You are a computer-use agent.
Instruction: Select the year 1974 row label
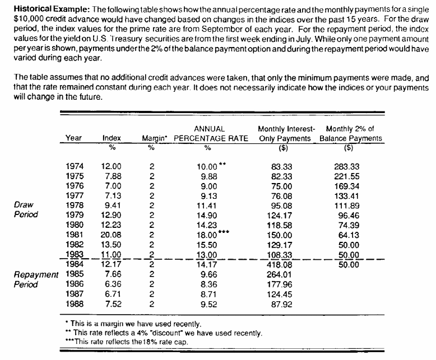[x=76, y=166]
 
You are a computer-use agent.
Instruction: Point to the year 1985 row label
[x=76, y=274]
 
